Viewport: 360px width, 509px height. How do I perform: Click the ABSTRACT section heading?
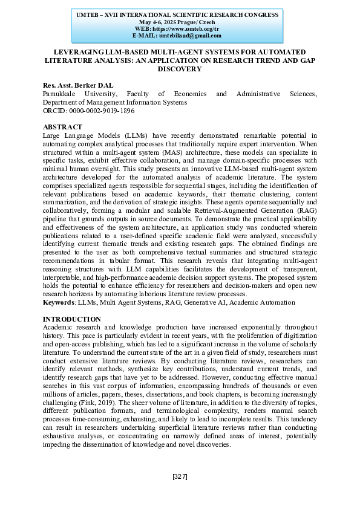point(62,127)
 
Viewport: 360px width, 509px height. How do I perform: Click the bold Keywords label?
point(59,302)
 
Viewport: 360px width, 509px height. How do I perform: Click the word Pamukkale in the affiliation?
point(61,94)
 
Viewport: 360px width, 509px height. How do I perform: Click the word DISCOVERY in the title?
point(180,69)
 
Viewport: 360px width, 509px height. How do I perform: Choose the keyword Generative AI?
point(193,302)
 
